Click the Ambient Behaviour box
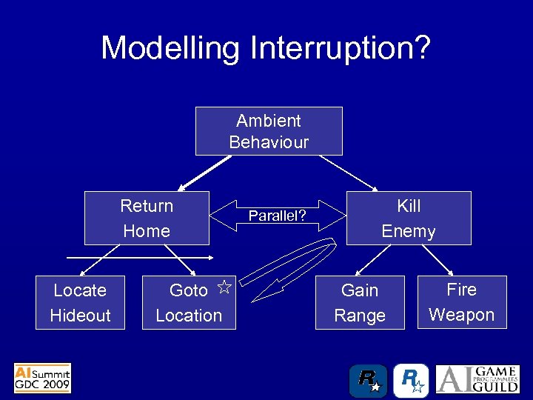[x=268, y=131]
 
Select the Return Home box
[x=147, y=218]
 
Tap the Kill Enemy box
[x=408, y=218]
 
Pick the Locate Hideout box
[x=80, y=302]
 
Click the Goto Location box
[x=189, y=302]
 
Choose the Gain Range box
[x=360, y=302]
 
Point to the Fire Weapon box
[x=461, y=301]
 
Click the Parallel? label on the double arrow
[x=277, y=216]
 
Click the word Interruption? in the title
[x=340, y=48]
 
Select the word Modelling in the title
[x=170, y=48]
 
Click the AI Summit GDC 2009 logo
[x=42, y=378]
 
